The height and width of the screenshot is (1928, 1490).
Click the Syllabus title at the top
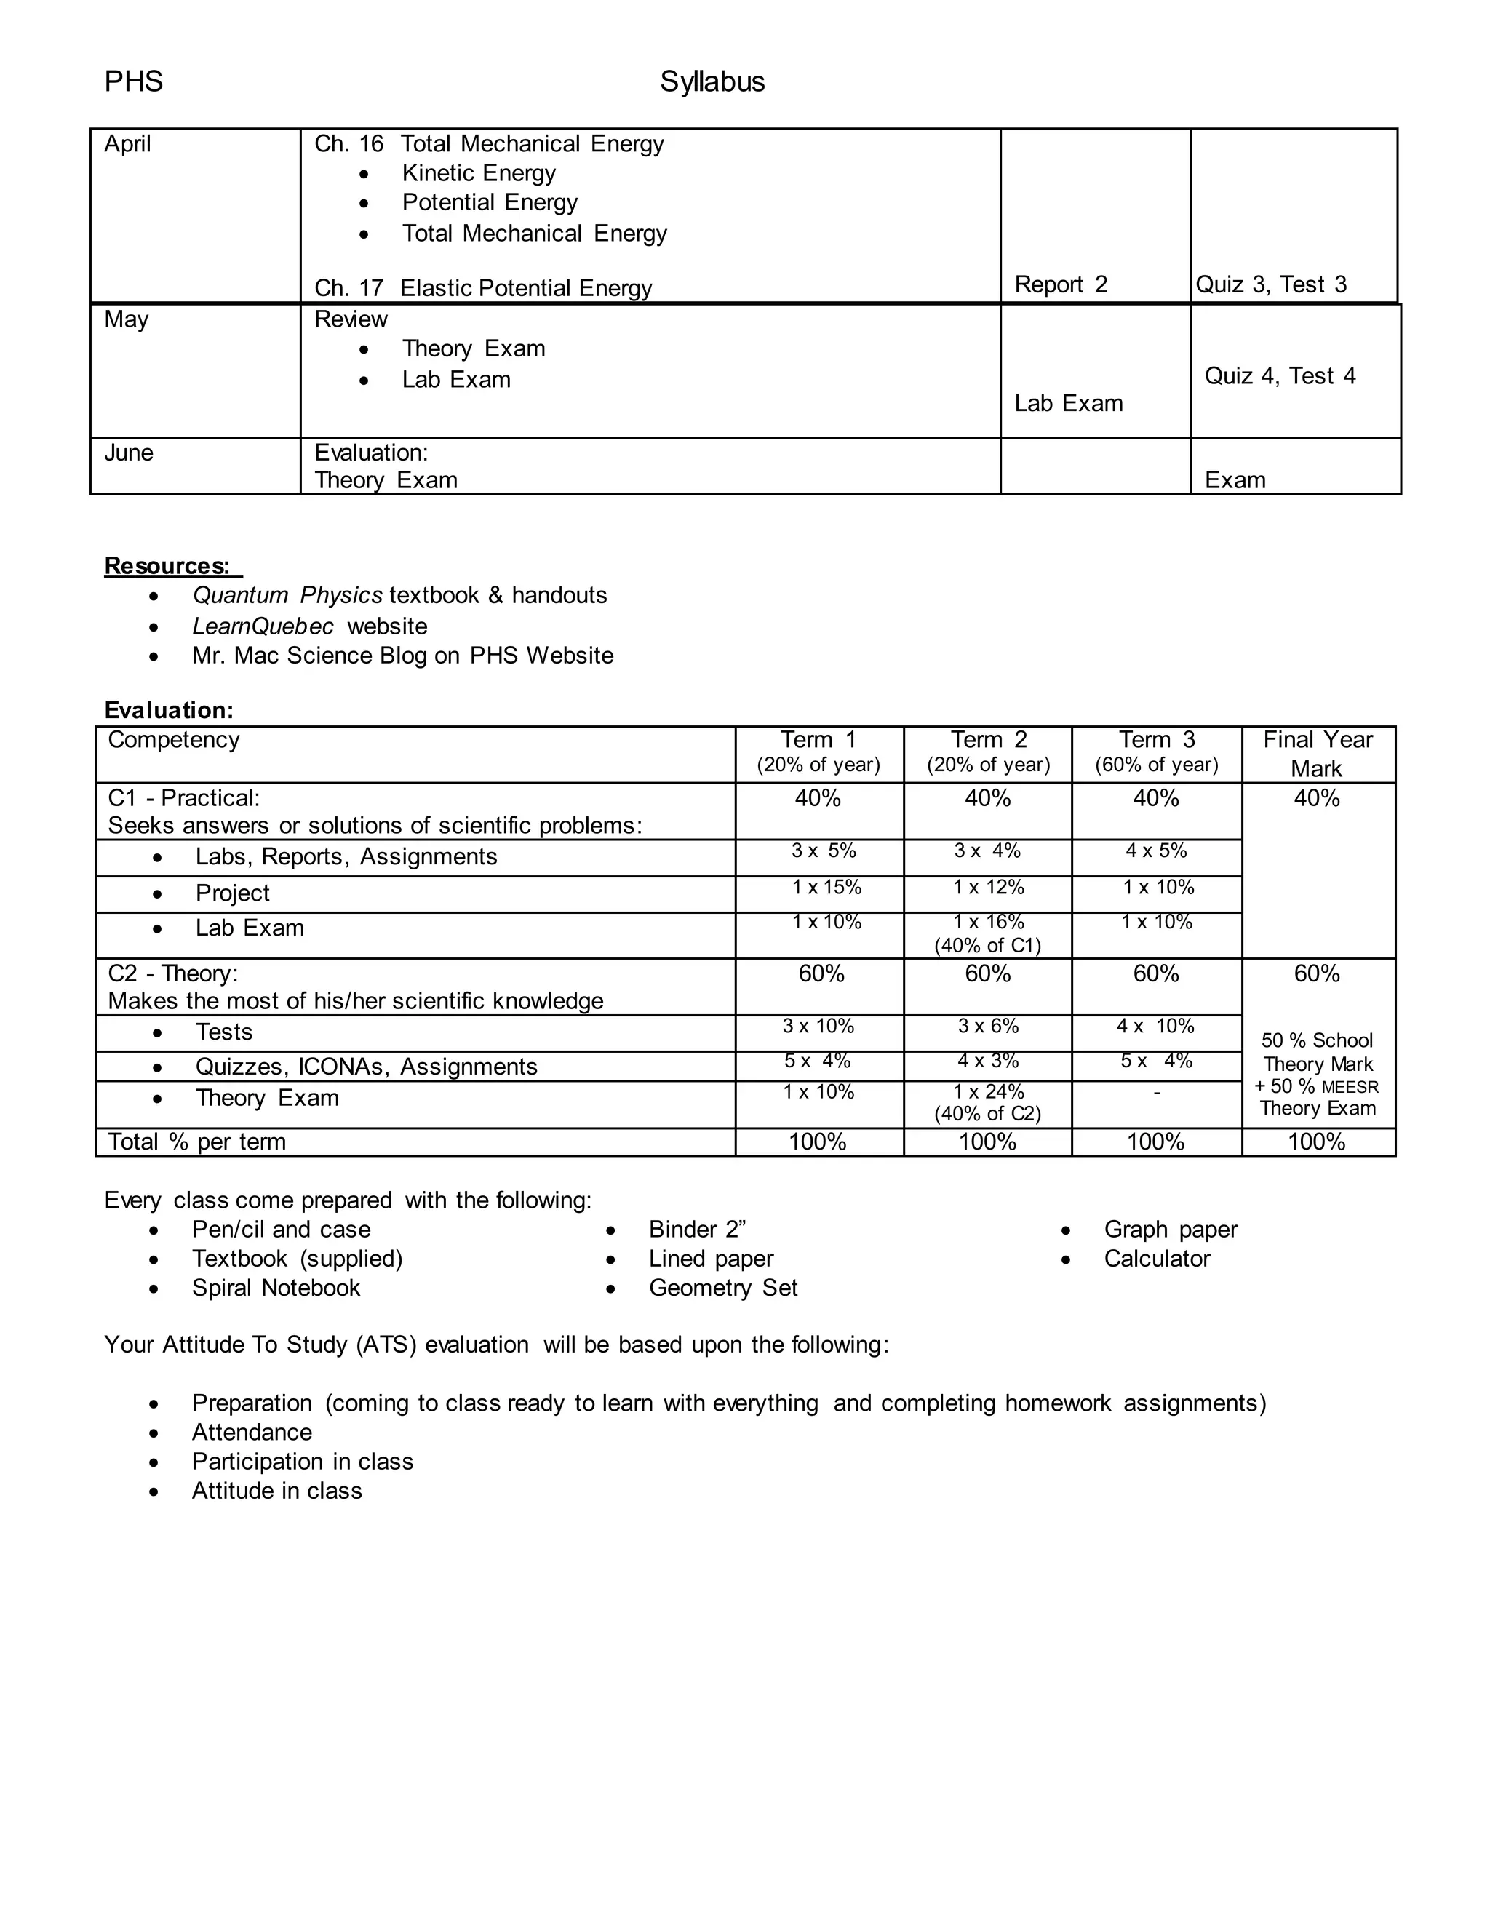click(712, 82)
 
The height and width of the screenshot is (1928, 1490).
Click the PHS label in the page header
click(133, 82)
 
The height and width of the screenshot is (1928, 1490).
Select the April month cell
click(128, 144)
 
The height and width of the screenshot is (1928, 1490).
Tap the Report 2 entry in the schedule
click(1060, 284)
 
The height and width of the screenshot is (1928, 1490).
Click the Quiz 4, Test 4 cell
click(1279, 376)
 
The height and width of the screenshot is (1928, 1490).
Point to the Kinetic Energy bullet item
click(479, 173)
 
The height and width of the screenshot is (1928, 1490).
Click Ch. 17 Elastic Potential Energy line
click(483, 288)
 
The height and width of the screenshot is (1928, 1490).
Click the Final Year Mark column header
click(1317, 753)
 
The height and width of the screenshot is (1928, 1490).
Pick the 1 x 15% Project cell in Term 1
click(826, 887)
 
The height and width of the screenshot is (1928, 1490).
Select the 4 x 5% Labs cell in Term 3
click(1155, 851)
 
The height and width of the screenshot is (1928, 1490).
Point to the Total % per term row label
click(197, 1142)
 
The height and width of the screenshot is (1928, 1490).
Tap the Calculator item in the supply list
click(1156, 1259)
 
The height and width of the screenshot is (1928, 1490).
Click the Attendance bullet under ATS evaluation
click(252, 1432)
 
